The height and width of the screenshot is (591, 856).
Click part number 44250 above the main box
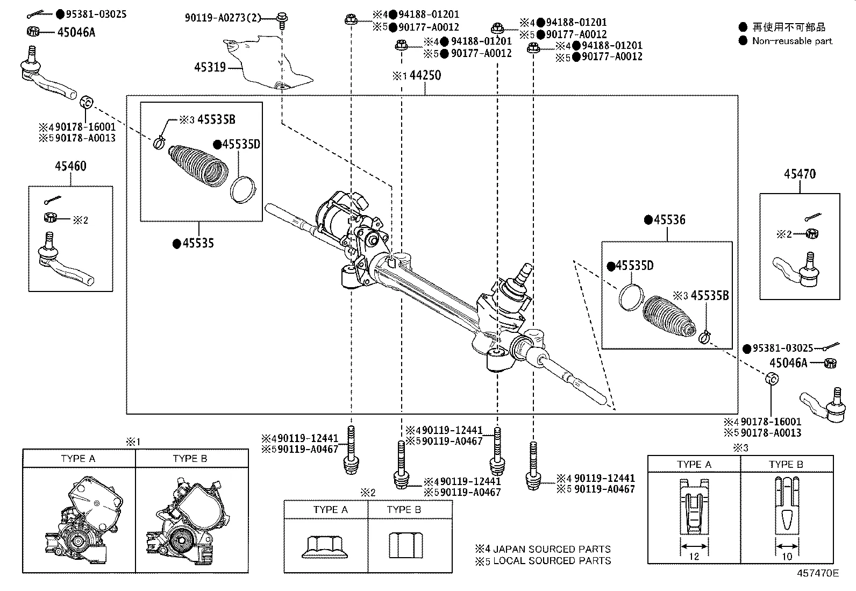(x=425, y=75)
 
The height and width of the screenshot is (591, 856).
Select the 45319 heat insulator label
(x=209, y=68)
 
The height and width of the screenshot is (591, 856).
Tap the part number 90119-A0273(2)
(x=223, y=18)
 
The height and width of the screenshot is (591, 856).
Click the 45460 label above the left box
(x=70, y=166)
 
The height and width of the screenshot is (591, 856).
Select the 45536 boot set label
(x=669, y=220)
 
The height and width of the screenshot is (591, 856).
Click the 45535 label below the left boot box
(x=198, y=244)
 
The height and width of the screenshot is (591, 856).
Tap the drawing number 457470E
(x=817, y=573)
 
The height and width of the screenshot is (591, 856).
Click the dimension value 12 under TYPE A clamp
(x=694, y=557)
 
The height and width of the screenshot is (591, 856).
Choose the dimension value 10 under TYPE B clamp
(x=786, y=557)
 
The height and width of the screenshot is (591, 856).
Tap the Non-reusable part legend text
(x=791, y=41)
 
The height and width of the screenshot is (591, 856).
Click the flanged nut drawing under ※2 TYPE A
(x=325, y=546)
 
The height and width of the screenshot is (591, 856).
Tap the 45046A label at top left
(x=76, y=32)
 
